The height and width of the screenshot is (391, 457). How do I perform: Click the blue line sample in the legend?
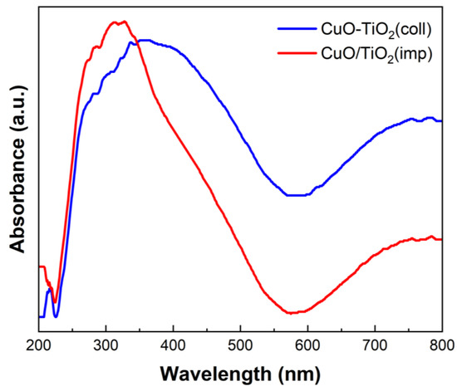click(297, 29)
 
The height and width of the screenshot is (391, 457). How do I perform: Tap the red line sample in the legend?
click(297, 52)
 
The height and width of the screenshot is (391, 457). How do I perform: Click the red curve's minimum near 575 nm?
click(292, 313)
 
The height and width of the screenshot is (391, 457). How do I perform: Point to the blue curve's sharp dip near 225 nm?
click(56, 316)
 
